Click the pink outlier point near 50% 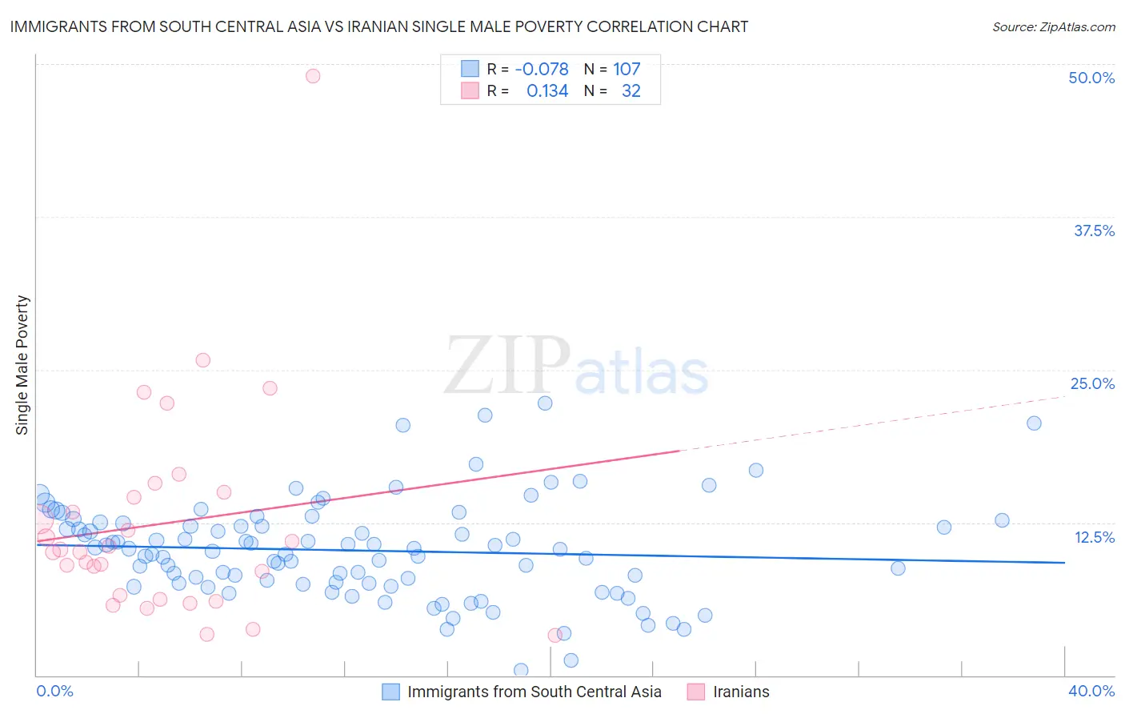(x=313, y=76)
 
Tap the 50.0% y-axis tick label (x=1091, y=78)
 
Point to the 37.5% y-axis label (x=1094, y=231)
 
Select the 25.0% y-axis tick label (x=1092, y=383)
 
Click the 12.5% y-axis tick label (x=1094, y=537)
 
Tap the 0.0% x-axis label (x=54, y=691)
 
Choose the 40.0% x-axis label (x=1091, y=691)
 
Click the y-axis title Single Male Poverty (x=22, y=365)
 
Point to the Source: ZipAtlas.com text (x=1053, y=26)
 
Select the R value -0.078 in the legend (x=542, y=69)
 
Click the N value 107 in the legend (x=627, y=69)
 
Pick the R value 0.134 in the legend (x=547, y=91)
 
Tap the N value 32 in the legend (x=631, y=91)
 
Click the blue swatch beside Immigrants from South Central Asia (x=390, y=692)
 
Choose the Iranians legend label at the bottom (x=741, y=692)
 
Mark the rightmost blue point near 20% (x=1034, y=423)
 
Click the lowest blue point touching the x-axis (x=521, y=670)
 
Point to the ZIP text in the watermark (x=507, y=366)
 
